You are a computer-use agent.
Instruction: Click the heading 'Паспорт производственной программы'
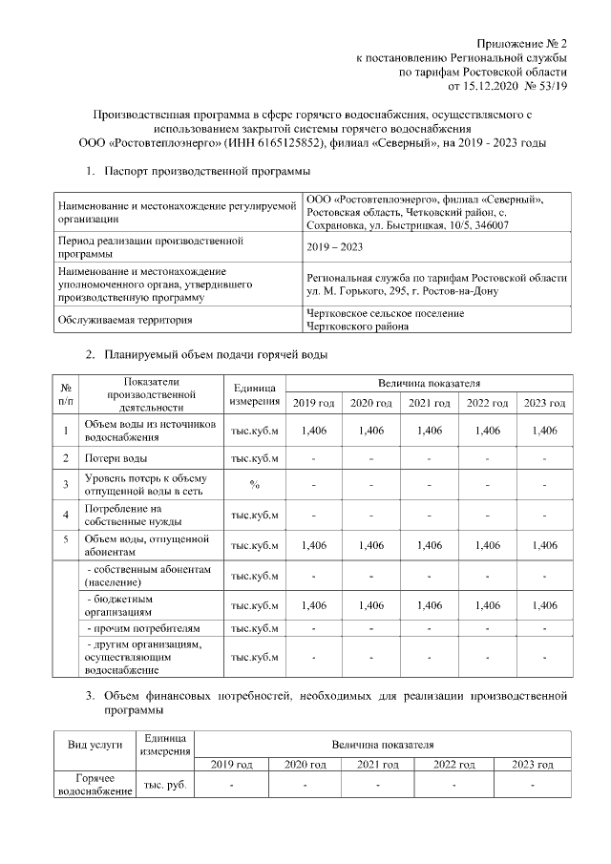click(x=207, y=172)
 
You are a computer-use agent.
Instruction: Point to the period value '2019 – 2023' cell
click(x=334, y=247)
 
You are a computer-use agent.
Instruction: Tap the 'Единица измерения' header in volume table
click(x=255, y=394)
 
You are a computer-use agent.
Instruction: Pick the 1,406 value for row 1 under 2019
click(x=314, y=431)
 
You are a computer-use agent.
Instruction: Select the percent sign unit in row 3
click(x=255, y=484)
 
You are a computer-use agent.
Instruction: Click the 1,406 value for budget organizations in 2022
click(x=487, y=605)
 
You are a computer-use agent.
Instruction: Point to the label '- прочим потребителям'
click(x=144, y=629)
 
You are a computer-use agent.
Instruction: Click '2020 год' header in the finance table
click(x=305, y=765)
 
